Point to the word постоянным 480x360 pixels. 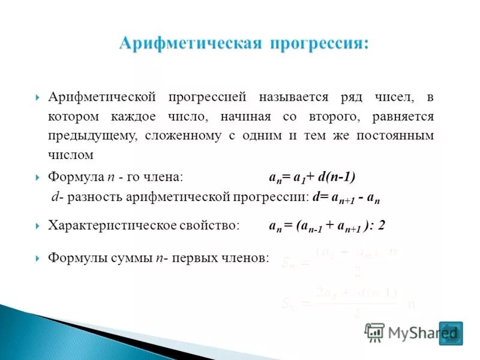(x=395, y=136)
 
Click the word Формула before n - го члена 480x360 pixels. (x=76, y=177)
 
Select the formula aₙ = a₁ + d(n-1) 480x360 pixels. (x=312, y=177)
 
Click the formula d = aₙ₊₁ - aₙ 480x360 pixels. (x=347, y=197)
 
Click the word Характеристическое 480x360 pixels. (x=112, y=226)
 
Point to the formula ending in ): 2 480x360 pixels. (x=326, y=226)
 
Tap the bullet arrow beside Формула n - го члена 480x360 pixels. (x=37, y=178)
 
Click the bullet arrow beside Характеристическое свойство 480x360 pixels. (x=37, y=226)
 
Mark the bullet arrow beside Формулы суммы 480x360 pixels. (x=37, y=258)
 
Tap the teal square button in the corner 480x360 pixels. (x=451, y=334)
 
